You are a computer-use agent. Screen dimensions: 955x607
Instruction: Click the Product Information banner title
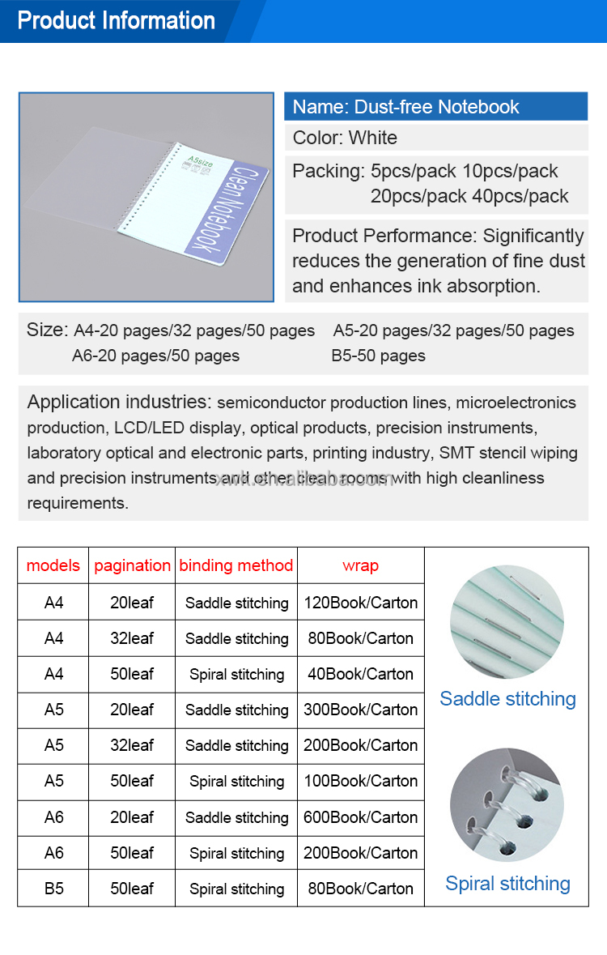[x=117, y=20]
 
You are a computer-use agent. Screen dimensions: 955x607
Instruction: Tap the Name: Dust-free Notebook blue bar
[x=435, y=106]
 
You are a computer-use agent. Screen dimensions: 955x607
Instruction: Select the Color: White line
[x=346, y=138]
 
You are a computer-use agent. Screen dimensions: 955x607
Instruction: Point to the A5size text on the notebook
[x=199, y=163]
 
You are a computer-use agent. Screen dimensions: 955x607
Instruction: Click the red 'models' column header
[x=53, y=565]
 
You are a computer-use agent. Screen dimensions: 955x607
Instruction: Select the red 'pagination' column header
[x=133, y=565]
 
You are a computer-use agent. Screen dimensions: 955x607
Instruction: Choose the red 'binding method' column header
[x=236, y=565]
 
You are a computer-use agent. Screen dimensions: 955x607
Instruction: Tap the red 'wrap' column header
[x=360, y=565]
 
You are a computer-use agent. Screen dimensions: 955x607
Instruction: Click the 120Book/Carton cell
[x=361, y=603]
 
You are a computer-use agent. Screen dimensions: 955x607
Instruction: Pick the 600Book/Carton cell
[x=361, y=817]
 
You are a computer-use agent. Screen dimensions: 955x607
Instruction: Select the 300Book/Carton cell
[x=361, y=710]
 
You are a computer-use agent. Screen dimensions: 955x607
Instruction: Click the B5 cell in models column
[x=53, y=889]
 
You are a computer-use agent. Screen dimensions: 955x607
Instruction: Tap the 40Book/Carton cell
[x=361, y=674]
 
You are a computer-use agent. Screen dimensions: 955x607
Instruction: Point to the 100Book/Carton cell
[x=361, y=781]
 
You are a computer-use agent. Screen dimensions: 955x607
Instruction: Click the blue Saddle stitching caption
[x=507, y=698]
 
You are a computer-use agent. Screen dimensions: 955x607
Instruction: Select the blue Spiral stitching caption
[x=507, y=883]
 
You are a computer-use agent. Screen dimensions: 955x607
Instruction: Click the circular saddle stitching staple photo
[x=507, y=622]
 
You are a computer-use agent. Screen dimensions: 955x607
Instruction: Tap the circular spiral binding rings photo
[x=507, y=804]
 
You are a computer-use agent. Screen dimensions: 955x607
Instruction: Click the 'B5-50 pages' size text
[x=378, y=356]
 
